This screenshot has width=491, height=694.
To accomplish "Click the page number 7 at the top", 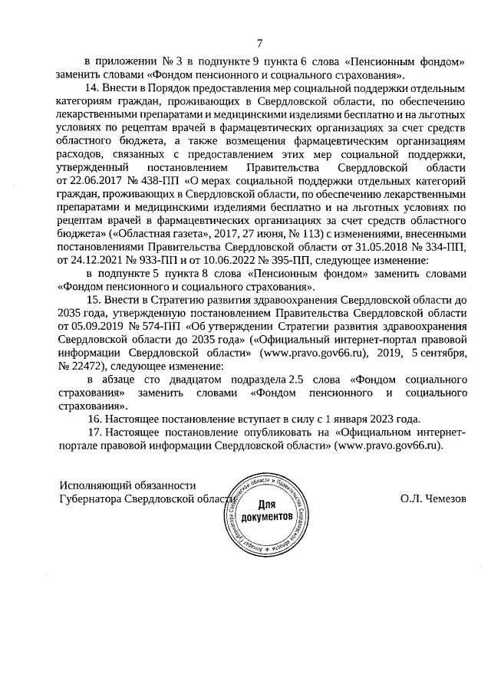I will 259,42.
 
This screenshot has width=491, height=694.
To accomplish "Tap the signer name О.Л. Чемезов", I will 432,498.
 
